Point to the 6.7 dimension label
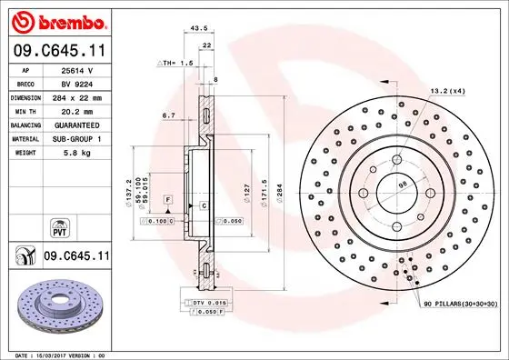click(168, 115)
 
